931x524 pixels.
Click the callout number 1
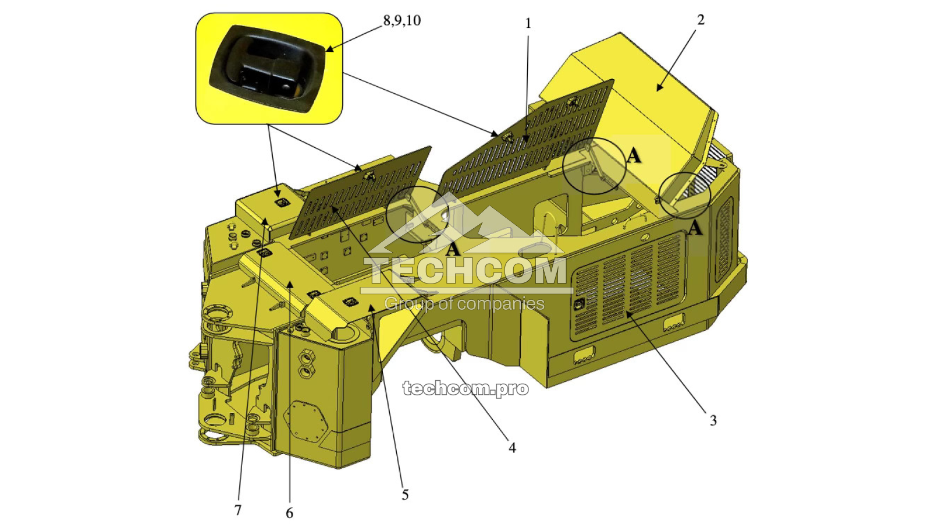(528, 24)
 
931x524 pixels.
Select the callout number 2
(701, 20)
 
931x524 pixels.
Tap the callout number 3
(713, 420)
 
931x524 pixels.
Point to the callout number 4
(512, 448)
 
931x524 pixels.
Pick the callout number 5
(405, 495)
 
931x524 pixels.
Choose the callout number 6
(289, 513)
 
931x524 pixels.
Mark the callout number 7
(237, 510)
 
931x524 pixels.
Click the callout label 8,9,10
(401, 20)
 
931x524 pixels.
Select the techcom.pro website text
(465, 388)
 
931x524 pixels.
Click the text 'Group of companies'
(464, 304)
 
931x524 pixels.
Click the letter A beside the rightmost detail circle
(695, 228)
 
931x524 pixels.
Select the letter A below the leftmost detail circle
(453, 249)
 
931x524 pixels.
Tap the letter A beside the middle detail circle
(634, 155)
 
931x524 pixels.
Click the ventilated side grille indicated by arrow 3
(628, 285)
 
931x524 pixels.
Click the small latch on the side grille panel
(580, 304)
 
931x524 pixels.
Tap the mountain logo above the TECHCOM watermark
(465, 224)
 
